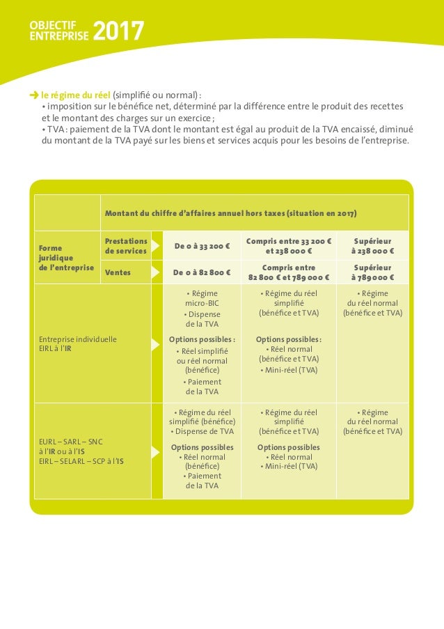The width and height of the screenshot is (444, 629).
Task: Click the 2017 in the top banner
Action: (x=118, y=31)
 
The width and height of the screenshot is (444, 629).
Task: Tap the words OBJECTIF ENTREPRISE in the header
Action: (x=59, y=31)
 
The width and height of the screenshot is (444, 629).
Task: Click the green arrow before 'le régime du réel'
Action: (x=33, y=95)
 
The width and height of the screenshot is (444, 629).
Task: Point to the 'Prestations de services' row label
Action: (x=126, y=246)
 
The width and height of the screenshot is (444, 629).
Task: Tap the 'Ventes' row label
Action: (x=118, y=272)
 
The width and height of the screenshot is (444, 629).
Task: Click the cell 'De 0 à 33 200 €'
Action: (x=203, y=247)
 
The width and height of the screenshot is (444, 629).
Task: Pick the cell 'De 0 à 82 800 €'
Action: (x=203, y=272)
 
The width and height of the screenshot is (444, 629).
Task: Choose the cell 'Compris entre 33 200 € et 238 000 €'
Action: (x=289, y=246)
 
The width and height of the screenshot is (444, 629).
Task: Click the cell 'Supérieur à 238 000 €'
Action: (x=372, y=246)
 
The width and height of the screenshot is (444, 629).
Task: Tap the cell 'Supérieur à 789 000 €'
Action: (x=372, y=272)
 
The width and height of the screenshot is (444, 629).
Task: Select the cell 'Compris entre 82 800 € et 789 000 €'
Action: (x=289, y=272)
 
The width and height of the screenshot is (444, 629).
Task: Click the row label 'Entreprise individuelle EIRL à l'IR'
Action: (x=78, y=344)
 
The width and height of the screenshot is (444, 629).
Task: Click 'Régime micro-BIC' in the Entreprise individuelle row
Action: (x=203, y=298)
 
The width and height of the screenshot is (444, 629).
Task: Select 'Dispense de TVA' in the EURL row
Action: (x=203, y=431)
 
